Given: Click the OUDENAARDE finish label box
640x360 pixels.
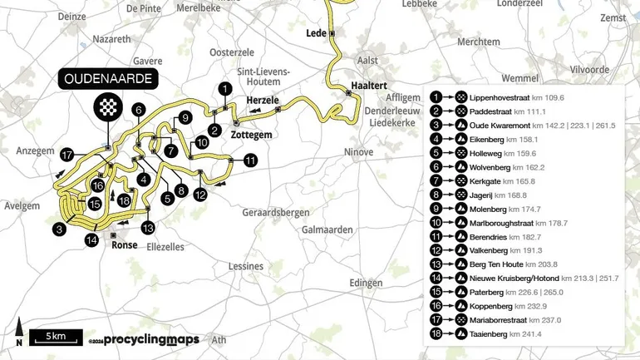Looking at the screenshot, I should coord(107,80).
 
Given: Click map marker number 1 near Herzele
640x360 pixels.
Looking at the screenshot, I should coord(224,88).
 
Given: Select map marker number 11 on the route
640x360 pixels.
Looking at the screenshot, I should coord(250,161).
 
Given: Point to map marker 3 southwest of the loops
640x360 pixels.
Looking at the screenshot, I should coord(59,229).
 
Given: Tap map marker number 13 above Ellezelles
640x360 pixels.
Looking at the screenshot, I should coord(148,227).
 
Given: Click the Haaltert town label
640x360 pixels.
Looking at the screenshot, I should coord(369,86).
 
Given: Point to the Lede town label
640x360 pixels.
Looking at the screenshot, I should coord(316,33).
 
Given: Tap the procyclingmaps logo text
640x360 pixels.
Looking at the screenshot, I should coord(151,340).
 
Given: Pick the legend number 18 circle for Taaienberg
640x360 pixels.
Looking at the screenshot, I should coord(436,333).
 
